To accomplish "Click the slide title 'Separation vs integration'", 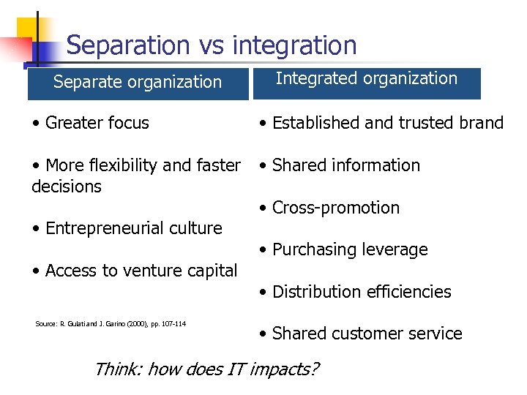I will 211,45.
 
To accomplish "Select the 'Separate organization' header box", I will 138,82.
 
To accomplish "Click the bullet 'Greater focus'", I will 90,123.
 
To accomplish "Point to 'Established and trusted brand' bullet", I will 381,123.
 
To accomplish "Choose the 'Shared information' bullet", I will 340,165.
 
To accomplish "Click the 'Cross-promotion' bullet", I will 329,208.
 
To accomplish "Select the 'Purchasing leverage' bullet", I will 343,249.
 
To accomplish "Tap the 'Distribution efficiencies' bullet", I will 355,292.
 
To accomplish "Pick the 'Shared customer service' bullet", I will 361,334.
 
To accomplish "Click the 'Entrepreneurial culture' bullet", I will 127,228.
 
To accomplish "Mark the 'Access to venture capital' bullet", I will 135,271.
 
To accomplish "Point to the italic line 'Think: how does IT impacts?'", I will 206,369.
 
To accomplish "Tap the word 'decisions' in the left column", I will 67,187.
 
